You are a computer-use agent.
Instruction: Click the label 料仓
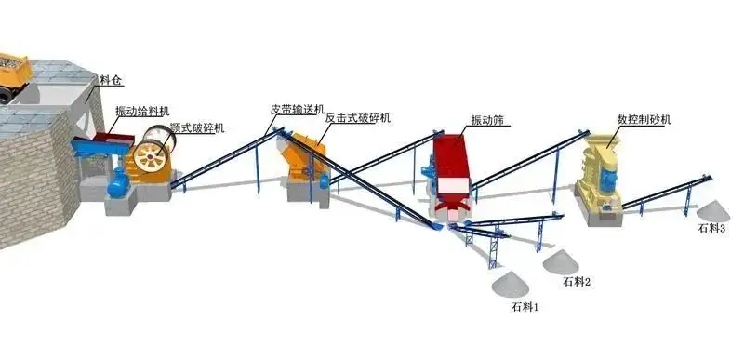[x=111, y=82]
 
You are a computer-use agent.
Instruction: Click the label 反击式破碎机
[x=358, y=118]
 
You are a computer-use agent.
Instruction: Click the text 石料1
[x=525, y=305]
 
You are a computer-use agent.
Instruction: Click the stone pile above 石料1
[x=512, y=280]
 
